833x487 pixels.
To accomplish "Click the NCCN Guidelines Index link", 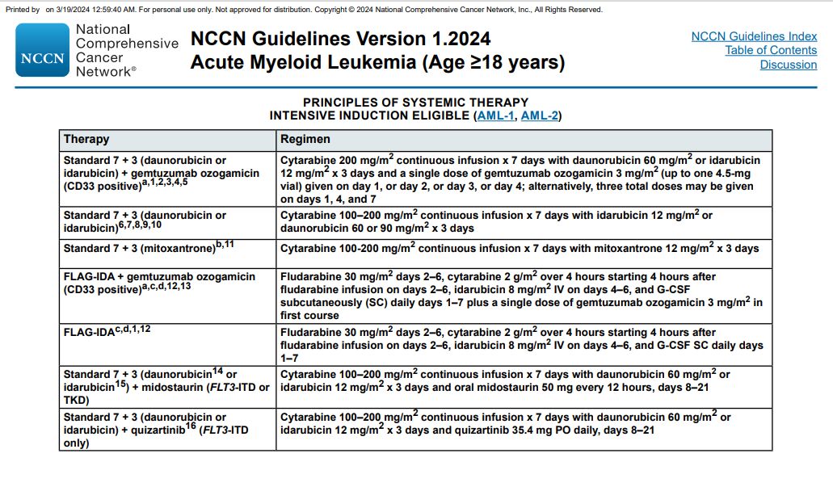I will (x=754, y=36).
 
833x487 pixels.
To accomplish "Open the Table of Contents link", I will (x=770, y=50).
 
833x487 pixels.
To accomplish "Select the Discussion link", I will (x=788, y=65).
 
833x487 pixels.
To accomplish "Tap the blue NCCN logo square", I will (x=42, y=50).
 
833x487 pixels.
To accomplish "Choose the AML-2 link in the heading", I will (x=539, y=115).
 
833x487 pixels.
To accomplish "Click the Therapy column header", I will (x=86, y=139).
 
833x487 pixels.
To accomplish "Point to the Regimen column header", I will (x=305, y=139).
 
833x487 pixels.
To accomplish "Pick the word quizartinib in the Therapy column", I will (x=158, y=430).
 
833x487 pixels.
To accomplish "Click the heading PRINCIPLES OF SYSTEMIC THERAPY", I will (x=415, y=102).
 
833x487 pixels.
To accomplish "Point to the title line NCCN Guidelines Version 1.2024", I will (x=340, y=39).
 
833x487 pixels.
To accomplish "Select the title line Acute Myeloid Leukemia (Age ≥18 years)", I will (x=377, y=62).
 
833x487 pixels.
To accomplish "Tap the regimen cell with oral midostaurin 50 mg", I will (x=505, y=380).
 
